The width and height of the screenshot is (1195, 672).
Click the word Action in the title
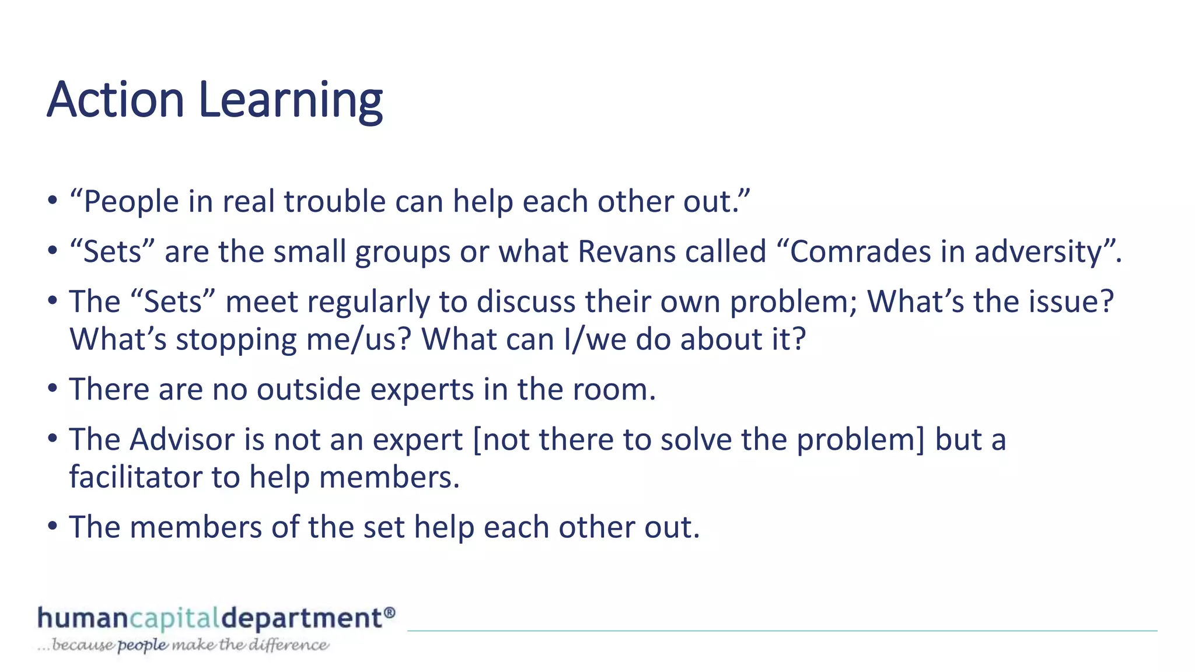pos(116,100)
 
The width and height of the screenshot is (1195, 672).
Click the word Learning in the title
pos(291,101)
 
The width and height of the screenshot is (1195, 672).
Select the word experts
pos(422,390)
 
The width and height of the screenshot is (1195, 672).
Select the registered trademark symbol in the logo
pos(390,612)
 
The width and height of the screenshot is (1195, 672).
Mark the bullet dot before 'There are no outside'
pos(53,388)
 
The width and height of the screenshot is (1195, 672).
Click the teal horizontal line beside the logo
pos(782,631)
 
